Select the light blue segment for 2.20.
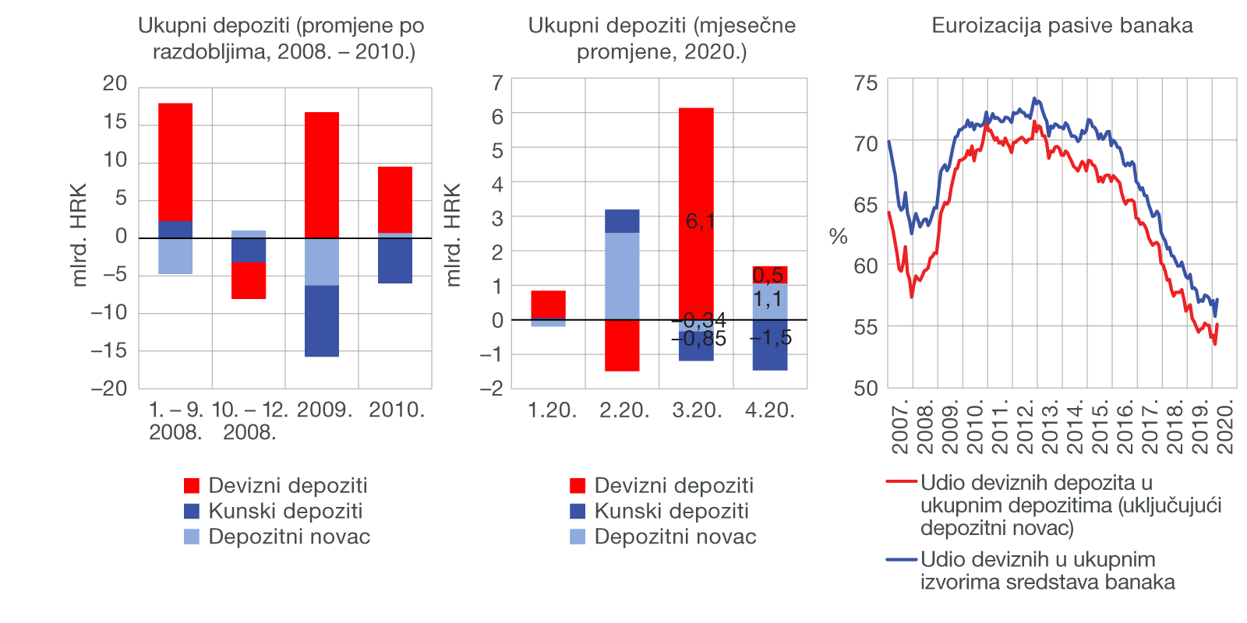pyautogui.click(x=622, y=276)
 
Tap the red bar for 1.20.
pyautogui.click(x=548, y=304)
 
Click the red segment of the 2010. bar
pyautogui.click(x=395, y=199)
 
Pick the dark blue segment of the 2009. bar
pyautogui.click(x=322, y=321)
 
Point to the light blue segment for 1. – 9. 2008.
pyautogui.click(x=175, y=256)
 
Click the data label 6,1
pyautogui.click(x=700, y=222)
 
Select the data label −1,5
pyautogui.click(x=771, y=338)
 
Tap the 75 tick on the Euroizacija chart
pyautogui.click(x=865, y=83)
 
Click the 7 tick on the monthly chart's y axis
pyautogui.click(x=497, y=83)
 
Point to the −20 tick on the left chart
pyautogui.click(x=109, y=389)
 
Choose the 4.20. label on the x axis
pyautogui.click(x=770, y=410)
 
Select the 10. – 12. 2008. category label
pyautogui.click(x=249, y=421)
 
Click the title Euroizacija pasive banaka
pyautogui.click(x=1062, y=26)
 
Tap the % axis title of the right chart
pyautogui.click(x=839, y=237)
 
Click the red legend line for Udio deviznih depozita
pyautogui.click(x=901, y=482)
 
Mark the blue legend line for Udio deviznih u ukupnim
pyautogui.click(x=901, y=559)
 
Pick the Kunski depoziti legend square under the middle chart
pyautogui.click(x=578, y=512)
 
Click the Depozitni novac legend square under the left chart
pyautogui.click(x=192, y=537)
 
